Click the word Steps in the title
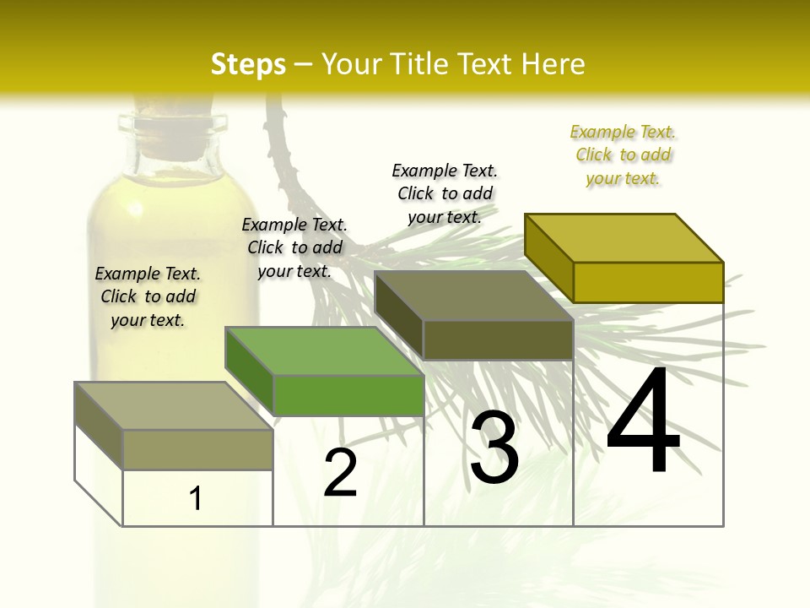point(248,64)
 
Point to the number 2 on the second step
point(341,473)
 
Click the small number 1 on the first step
point(196,499)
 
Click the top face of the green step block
point(324,350)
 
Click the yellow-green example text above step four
point(623,155)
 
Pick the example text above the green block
point(294,247)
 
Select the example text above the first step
point(148,296)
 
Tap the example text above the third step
point(445,193)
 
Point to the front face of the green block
point(348,395)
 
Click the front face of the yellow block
point(648,282)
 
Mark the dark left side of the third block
point(398,315)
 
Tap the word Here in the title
point(554,64)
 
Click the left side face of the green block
point(250,372)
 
